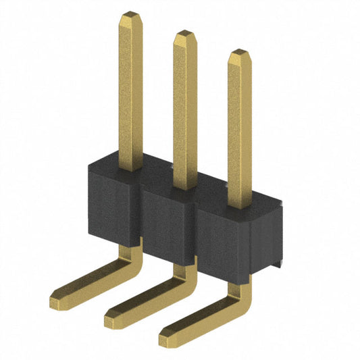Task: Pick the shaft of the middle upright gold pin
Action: tap(183, 108)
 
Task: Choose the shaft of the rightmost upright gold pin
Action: tap(238, 128)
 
